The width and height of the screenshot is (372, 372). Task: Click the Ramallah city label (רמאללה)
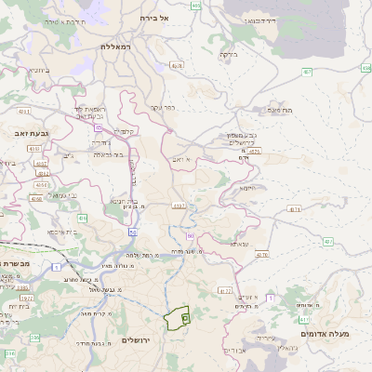pyautogui.click(x=119, y=45)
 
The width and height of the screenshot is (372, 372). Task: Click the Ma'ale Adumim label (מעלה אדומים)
pyautogui.click(x=325, y=332)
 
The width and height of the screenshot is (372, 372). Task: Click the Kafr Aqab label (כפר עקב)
pyautogui.click(x=164, y=108)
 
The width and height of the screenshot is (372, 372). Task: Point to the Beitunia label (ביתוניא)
pyautogui.click(x=38, y=70)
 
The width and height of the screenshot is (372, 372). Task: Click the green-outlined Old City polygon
pyautogui.click(x=176, y=318)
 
